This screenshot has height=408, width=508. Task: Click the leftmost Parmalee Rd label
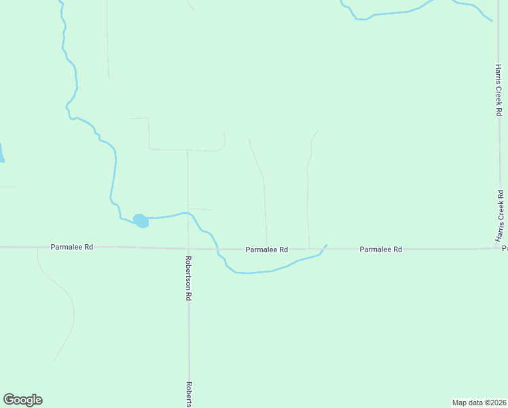point(71,247)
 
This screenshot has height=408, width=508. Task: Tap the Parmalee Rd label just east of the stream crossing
point(267,250)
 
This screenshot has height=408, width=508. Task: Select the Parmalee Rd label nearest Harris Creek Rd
point(380,250)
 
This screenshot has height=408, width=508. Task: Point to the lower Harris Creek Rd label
point(500,217)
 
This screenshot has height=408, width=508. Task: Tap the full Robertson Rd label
point(189,278)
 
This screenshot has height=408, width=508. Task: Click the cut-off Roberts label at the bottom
point(190,393)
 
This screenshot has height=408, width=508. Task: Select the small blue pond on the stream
point(141,220)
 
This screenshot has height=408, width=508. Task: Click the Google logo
point(23,400)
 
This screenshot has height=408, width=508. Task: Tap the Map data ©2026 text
point(479,403)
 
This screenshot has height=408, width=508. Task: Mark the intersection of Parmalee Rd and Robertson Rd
point(188,248)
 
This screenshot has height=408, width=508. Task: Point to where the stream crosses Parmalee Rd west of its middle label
point(217,249)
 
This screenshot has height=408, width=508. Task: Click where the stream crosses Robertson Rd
point(188,213)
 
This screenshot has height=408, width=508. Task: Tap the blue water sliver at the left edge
point(1,154)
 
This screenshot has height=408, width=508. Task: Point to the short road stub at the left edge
point(8,186)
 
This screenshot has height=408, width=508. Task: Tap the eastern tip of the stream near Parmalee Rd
point(326,245)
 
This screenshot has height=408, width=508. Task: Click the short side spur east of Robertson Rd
point(200,209)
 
